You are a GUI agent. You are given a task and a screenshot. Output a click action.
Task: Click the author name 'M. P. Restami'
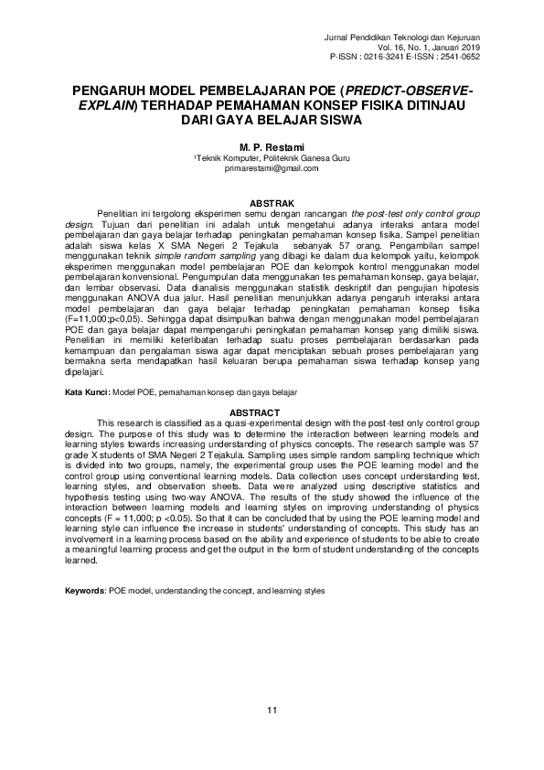point(272,146)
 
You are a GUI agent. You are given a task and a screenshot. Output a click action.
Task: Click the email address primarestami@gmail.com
point(272,168)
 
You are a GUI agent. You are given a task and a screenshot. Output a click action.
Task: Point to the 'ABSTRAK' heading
point(272,202)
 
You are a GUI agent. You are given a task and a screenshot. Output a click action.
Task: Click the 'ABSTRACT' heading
point(272,412)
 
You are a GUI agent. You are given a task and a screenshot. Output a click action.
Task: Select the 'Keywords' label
point(86,592)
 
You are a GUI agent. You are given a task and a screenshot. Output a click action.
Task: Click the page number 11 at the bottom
point(272,711)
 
